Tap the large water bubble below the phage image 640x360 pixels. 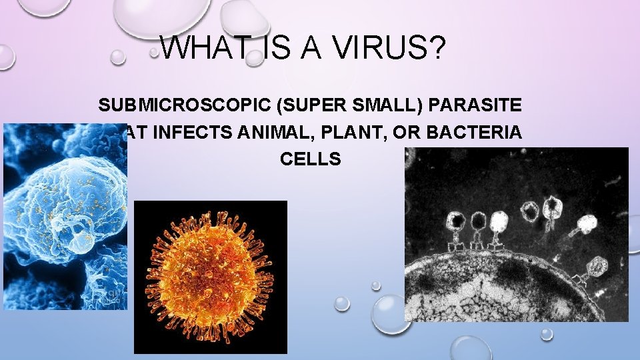click(391, 314)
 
